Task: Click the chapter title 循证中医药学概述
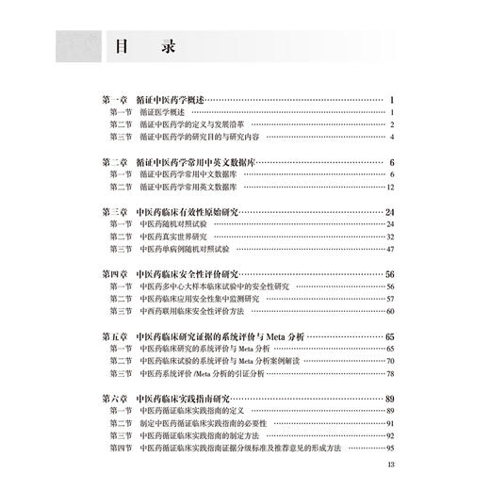tap(176, 99)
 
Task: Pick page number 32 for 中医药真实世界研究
tap(387, 237)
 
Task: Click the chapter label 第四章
tap(114, 273)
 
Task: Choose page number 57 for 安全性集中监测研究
tap(387, 298)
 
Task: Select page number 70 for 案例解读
tap(387, 361)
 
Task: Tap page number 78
tap(387, 373)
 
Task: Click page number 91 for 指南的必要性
tap(387, 424)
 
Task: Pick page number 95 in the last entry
tap(387, 449)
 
